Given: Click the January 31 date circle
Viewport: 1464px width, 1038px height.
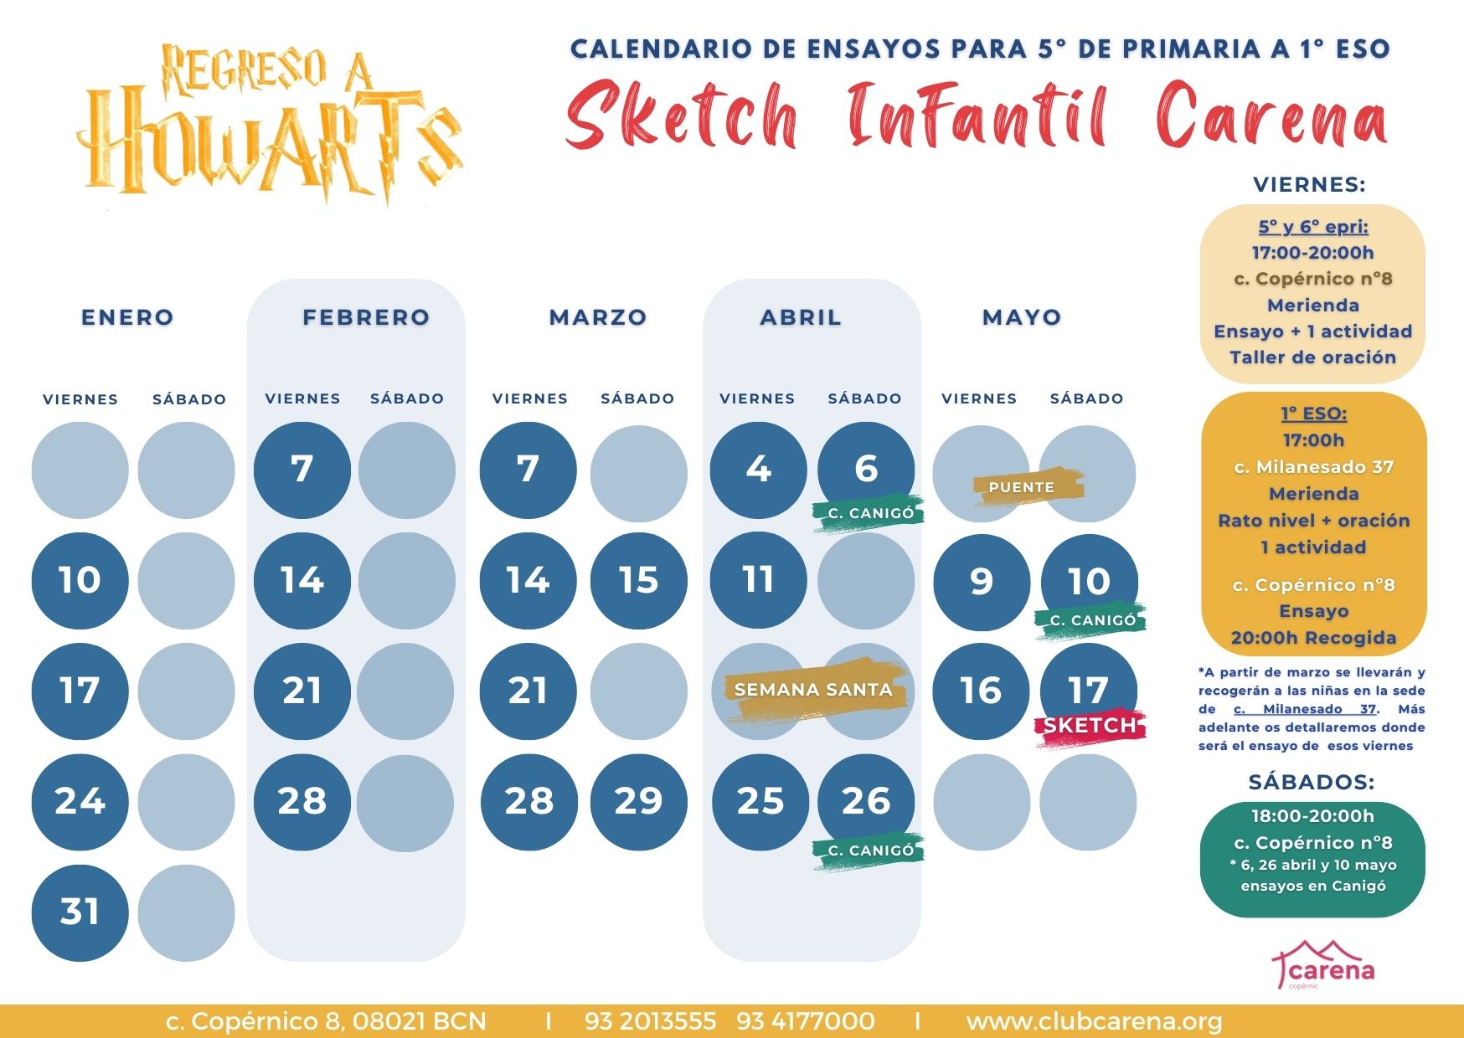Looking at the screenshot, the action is (x=80, y=912).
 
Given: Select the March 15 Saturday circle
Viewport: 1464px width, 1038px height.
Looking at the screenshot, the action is (x=638, y=580).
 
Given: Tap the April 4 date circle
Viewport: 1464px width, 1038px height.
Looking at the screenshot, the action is (x=758, y=470).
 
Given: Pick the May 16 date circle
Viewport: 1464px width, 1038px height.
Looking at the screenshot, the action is (x=981, y=691).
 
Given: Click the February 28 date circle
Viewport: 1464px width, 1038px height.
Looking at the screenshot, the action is (x=302, y=802).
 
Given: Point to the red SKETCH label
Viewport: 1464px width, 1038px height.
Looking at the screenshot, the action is (x=1090, y=726).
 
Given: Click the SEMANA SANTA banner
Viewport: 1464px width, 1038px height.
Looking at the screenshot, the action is (x=813, y=690).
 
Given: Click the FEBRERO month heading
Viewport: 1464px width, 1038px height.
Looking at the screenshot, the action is (x=366, y=317).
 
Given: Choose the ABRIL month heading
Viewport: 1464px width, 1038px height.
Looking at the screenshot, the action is (x=801, y=317).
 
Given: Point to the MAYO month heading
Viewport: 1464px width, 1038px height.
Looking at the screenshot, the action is (x=1022, y=317).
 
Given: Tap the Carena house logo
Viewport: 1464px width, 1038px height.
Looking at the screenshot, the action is (x=1323, y=965).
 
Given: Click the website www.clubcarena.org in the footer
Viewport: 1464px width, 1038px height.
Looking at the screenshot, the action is (x=1094, y=1021).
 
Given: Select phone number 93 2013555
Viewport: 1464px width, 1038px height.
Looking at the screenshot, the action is (x=651, y=1021).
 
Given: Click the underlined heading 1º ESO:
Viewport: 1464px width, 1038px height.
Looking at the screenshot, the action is (x=1313, y=414).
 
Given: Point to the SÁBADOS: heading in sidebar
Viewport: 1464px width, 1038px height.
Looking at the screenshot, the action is (x=1312, y=782).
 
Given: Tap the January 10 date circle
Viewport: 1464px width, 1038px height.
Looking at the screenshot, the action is (x=80, y=580).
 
